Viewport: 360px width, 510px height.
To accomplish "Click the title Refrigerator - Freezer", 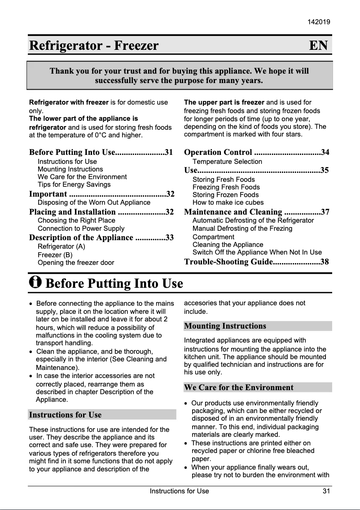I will [94, 46].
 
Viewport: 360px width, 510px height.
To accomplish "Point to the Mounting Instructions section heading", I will [225, 326].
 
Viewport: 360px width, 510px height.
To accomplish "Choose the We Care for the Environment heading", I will [239, 387].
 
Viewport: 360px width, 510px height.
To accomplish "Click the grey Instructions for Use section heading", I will [66, 415].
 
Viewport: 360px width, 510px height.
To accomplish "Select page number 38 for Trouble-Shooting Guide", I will [325, 262].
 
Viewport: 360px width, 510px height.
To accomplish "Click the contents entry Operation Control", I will [218, 153].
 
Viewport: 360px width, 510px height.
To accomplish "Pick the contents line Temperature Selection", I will [227, 162].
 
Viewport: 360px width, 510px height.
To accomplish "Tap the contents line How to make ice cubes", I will [228, 202].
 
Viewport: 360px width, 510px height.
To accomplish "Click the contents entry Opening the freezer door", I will [76, 263].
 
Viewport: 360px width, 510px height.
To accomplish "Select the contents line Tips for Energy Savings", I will [74, 185].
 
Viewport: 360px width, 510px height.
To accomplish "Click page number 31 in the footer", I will [326, 491].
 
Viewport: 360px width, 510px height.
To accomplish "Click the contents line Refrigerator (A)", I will [61, 246].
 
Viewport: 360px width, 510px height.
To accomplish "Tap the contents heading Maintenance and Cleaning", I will [233, 212].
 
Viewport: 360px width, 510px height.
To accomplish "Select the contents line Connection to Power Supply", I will [81, 229].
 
